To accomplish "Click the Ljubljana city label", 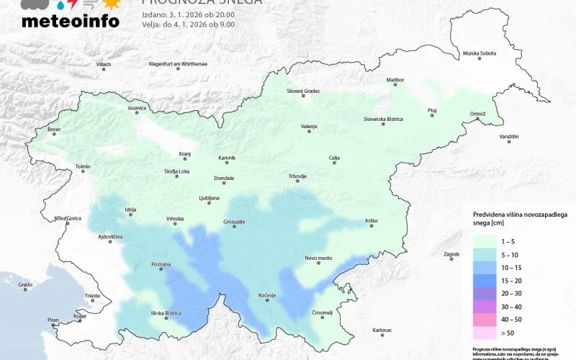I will [x=209, y=198].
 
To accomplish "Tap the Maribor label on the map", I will [x=395, y=80].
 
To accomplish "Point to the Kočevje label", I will [x=267, y=295].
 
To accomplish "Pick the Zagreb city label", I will [x=451, y=254].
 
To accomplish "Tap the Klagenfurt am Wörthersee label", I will [x=178, y=63].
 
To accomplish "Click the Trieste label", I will [x=93, y=296].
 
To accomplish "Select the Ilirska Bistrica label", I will [x=166, y=312].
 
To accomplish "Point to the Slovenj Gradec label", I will [x=303, y=91].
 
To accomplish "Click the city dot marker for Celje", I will [x=334, y=163].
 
